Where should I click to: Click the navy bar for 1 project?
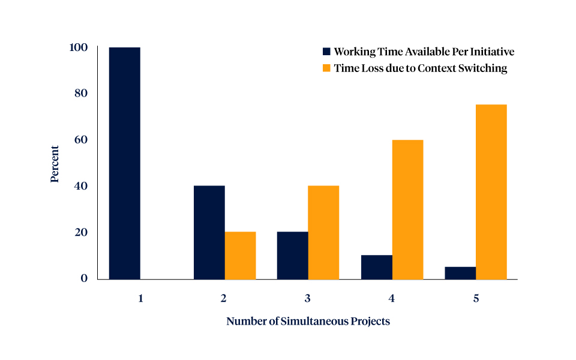124,163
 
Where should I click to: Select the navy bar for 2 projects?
209,232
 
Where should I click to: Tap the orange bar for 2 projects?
240,255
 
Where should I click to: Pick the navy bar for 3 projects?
292,255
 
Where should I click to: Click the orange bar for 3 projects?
323,232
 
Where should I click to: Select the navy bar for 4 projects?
376,267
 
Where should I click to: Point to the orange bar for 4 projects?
407,209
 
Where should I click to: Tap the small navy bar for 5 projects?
460,273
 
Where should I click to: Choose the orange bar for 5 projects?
491,192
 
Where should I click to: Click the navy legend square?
326,52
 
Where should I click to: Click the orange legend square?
326,68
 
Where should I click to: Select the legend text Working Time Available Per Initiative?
424,52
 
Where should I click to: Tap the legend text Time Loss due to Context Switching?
420,68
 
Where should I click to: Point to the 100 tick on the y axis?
79,47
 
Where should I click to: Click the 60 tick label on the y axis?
81,140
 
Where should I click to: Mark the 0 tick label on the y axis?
85,278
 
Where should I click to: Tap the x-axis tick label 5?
476,298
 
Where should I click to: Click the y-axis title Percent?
55,163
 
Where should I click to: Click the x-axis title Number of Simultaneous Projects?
308,322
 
